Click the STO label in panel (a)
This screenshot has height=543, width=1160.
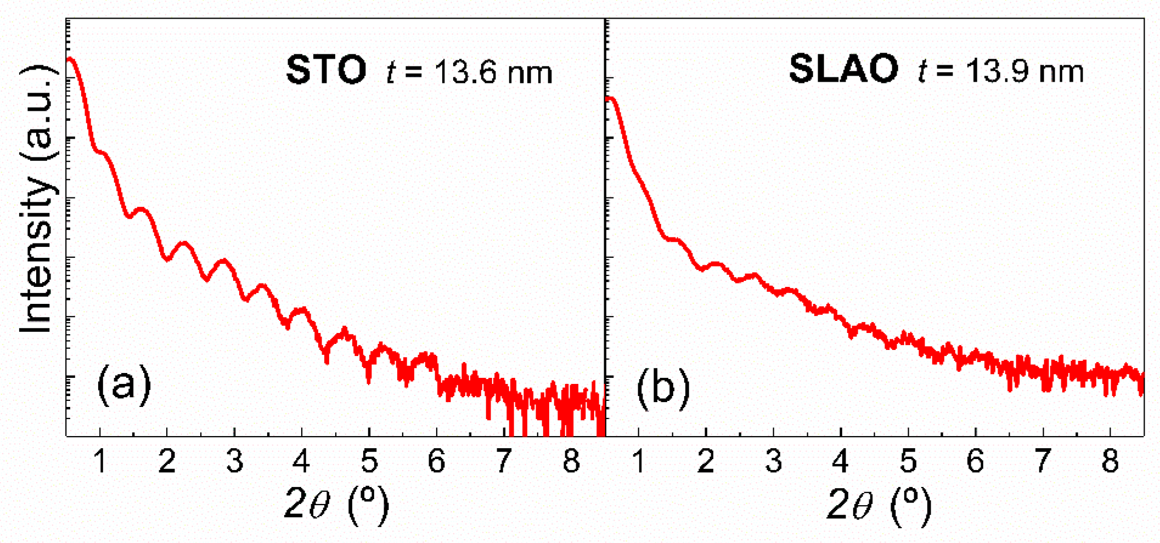click(x=326, y=70)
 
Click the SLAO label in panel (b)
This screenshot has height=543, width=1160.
click(x=843, y=70)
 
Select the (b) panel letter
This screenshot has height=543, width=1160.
click(x=663, y=388)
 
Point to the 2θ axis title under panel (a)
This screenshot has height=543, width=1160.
click(x=336, y=504)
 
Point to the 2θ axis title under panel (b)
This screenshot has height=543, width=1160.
click(x=878, y=504)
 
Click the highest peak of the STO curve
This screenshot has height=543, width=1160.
click(x=70, y=59)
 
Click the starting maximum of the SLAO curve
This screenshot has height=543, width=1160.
click(x=610, y=98)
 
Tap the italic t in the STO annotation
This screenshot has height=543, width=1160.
click(x=391, y=72)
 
